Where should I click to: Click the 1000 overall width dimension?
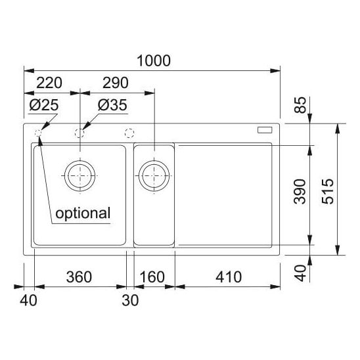click(x=154, y=60)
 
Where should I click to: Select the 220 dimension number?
click(x=49, y=83)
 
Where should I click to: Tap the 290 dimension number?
click(x=115, y=83)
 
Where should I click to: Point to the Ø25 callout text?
click(x=44, y=105)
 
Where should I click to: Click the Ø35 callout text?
click(x=112, y=105)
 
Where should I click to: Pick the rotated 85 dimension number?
click(x=300, y=105)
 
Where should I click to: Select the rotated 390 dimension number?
click(x=300, y=191)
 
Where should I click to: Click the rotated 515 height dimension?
click(x=328, y=191)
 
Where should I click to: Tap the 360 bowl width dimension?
click(x=79, y=277)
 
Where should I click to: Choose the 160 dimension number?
click(x=152, y=277)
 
